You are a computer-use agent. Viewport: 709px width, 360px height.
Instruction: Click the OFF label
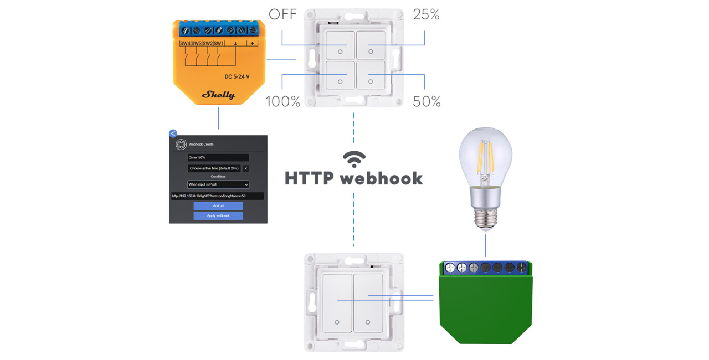click(282, 14)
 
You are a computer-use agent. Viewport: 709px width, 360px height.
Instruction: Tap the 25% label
click(426, 14)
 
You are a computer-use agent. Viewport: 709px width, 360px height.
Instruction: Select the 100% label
click(282, 101)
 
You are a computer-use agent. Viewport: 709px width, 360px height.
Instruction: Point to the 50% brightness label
click(427, 101)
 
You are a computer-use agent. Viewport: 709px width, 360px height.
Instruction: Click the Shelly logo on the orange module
click(218, 95)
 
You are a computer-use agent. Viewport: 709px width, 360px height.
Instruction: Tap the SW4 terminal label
click(185, 44)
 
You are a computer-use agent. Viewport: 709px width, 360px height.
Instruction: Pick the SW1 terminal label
click(219, 44)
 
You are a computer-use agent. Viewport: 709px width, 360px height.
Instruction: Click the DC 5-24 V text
click(237, 76)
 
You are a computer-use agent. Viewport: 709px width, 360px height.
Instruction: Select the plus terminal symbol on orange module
click(253, 44)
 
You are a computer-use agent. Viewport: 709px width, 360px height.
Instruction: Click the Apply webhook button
click(218, 215)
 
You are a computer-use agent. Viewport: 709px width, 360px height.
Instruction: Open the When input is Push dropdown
click(218, 184)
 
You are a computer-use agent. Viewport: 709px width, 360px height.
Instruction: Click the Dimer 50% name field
click(218, 157)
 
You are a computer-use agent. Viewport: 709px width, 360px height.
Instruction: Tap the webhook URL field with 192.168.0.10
click(217, 196)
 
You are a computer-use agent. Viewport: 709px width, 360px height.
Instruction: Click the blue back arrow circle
click(173, 133)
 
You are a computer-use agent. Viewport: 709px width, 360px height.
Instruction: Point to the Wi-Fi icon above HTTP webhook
click(354, 159)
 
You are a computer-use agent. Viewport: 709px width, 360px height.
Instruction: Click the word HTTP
click(309, 178)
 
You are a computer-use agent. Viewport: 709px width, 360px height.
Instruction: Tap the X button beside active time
click(246, 168)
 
